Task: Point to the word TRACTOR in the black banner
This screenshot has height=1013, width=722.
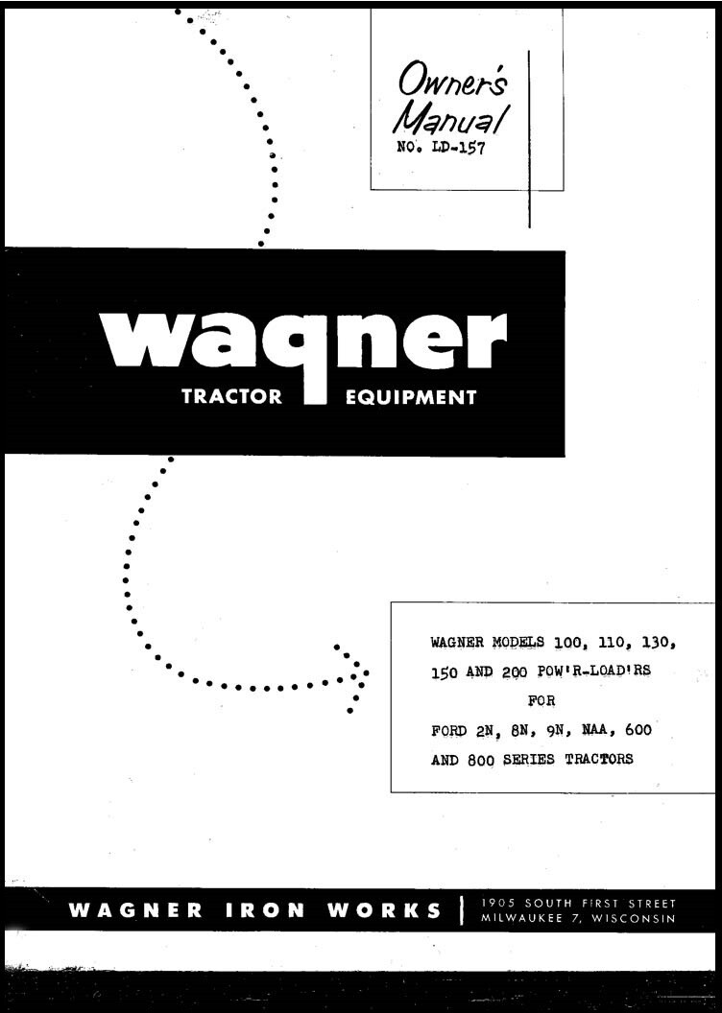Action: point(231,397)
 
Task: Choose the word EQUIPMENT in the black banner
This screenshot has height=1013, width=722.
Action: point(410,397)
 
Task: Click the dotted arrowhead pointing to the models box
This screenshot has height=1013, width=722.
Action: point(353,675)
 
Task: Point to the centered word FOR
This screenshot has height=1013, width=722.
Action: point(541,700)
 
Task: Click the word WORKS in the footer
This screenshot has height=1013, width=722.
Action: point(384,910)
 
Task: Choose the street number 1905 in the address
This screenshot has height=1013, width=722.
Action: point(497,903)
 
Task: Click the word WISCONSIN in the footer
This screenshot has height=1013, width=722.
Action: point(634,918)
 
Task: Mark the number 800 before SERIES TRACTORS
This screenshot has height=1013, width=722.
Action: point(484,759)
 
